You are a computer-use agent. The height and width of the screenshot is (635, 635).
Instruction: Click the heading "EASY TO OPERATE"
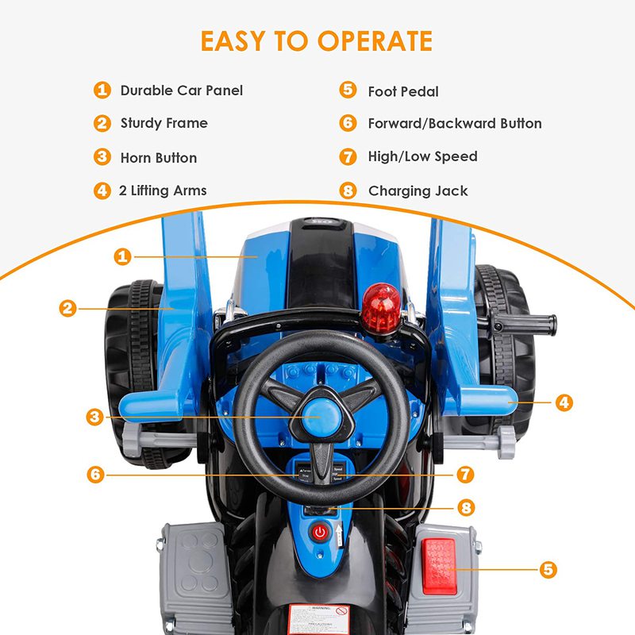coord(317,40)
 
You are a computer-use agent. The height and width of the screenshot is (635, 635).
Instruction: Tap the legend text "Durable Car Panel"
coord(181,90)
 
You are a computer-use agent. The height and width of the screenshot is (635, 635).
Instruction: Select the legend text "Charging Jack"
coord(418,190)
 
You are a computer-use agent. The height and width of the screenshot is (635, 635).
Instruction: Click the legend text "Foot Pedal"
coord(403,91)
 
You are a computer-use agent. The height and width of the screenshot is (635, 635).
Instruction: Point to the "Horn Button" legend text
coord(159,157)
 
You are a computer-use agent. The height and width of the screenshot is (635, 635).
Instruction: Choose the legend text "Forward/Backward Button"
coord(455,124)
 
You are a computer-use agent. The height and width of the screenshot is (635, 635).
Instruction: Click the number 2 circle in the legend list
coord(102,123)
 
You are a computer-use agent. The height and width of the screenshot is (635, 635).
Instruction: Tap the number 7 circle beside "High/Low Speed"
coord(348,156)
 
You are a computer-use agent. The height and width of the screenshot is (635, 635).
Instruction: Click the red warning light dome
coord(381,310)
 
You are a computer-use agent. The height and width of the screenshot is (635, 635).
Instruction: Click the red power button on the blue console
coord(320,532)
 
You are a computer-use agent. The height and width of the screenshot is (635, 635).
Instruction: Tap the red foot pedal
coord(439,566)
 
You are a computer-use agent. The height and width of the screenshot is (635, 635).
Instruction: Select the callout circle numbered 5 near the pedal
coord(548,570)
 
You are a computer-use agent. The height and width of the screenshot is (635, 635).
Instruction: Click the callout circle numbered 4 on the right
coord(564,402)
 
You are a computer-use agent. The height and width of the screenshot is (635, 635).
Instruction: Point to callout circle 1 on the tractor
coord(122,256)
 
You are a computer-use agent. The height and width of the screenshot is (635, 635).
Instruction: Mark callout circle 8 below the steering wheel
coord(465,506)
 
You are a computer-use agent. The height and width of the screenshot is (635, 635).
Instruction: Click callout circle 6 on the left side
coord(95,475)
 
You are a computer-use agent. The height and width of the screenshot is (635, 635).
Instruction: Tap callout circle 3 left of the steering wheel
coord(95,416)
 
